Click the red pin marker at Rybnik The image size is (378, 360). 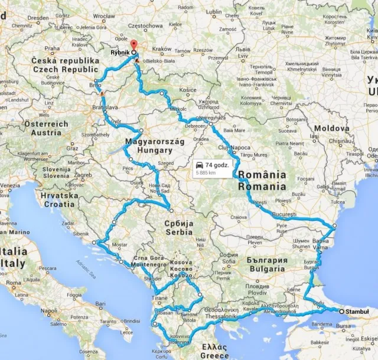pyautogui.click(x=133, y=45)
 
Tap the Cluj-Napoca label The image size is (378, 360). pyautogui.click(x=239, y=148)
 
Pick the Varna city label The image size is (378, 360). pyautogui.click(x=320, y=248)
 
